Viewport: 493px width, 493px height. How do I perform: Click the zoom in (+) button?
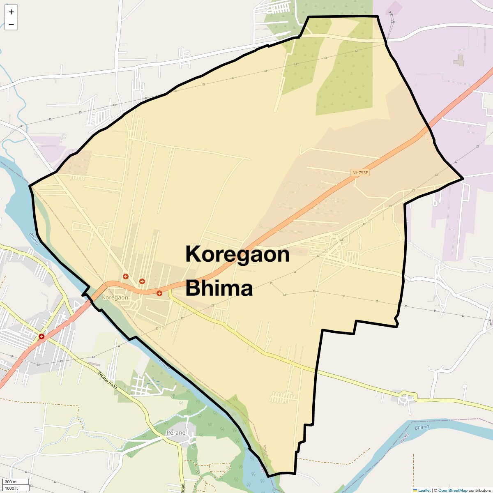click(11, 12)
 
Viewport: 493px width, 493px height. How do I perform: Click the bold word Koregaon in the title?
click(237, 254)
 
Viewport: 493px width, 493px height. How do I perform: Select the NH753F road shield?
click(360, 173)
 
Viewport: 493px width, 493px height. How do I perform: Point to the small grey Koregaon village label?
click(115, 297)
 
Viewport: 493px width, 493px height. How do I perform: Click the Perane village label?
click(176, 433)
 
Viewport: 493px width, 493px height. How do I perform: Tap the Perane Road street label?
click(108, 380)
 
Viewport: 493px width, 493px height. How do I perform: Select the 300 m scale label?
click(11, 482)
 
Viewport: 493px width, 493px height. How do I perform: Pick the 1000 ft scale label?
click(12, 488)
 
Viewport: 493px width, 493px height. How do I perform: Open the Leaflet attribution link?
click(424, 490)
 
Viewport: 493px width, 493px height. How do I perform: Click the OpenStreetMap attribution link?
click(452, 490)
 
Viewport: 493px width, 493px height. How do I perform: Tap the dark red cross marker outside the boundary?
click(41, 336)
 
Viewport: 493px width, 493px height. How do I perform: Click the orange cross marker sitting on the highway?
click(159, 293)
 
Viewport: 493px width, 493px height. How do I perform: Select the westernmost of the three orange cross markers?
click(126, 276)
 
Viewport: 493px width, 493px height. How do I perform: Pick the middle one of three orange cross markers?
click(142, 281)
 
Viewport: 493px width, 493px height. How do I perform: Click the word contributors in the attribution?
click(479, 490)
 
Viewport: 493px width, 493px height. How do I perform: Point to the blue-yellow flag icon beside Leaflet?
click(415, 490)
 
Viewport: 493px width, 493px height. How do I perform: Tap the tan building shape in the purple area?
click(459, 60)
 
